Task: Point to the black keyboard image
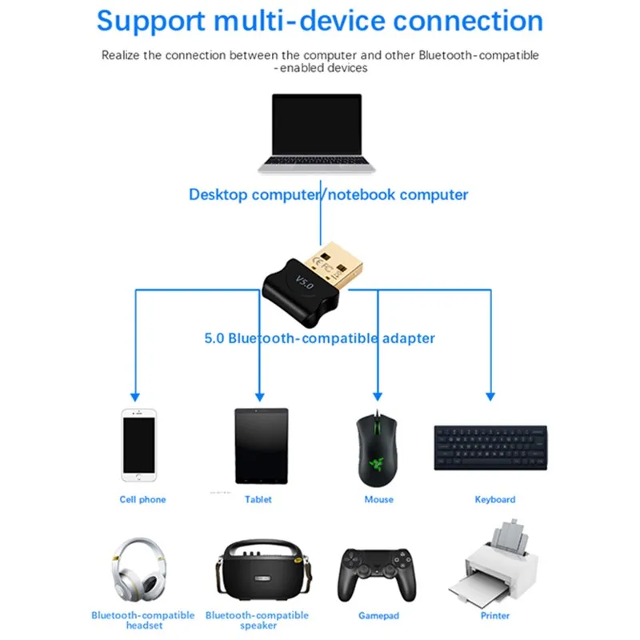490,448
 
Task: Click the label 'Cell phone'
142,499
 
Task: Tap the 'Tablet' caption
258,499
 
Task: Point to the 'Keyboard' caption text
495,499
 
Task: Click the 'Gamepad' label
378,616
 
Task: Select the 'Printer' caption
495,616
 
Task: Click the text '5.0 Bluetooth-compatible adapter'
319,338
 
